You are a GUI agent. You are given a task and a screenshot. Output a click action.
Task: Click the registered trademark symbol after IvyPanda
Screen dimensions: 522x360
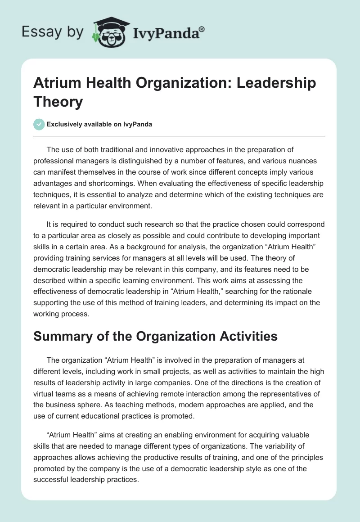pos(202,28)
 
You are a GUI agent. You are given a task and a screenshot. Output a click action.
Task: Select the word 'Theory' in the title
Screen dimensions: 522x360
pos(58,102)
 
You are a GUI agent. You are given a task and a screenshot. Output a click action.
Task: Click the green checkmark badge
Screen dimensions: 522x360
pos(39,124)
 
